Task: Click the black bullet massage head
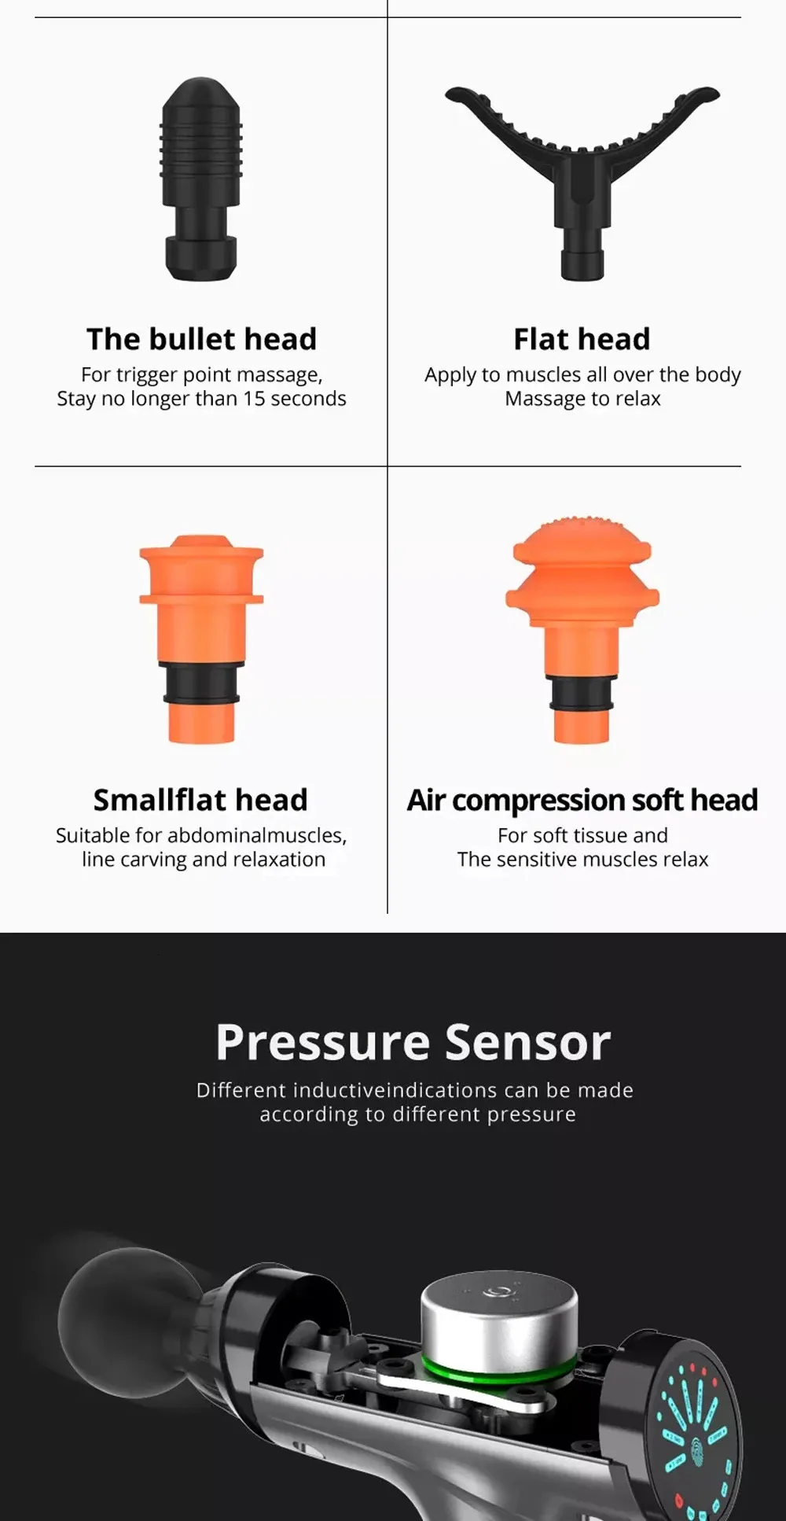click(x=201, y=179)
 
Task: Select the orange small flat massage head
click(x=201, y=639)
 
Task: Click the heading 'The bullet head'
click(x=201, y=339)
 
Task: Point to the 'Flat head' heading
click(x=582, y=339)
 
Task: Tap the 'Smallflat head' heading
click(x=200, y=800)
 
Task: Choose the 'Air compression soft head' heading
click(x=582, y=801)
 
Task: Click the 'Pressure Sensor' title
click(x=413, y=1043)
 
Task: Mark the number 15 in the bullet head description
click(x=254, y=399)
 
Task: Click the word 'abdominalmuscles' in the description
click(x=256, y=835)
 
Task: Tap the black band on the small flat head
click(x=201, y=683)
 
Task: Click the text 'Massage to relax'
click(x=582, y=399)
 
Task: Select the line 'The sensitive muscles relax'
click(x=582, y=860)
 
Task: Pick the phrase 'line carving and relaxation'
click(x=204, y=860)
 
